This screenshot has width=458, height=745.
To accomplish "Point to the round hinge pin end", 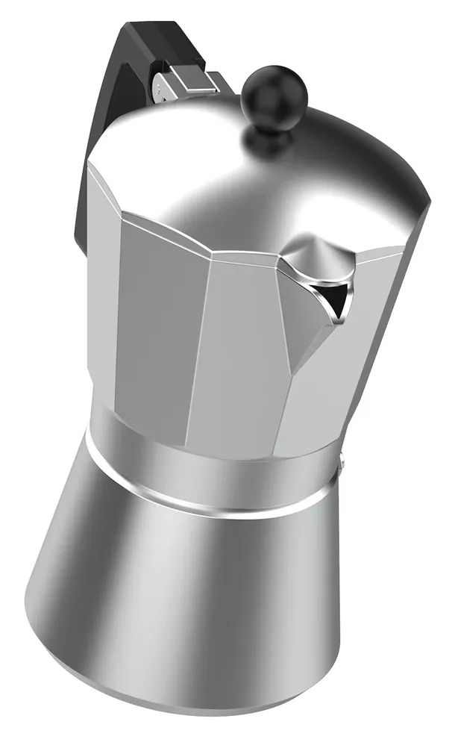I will coord(160,89).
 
